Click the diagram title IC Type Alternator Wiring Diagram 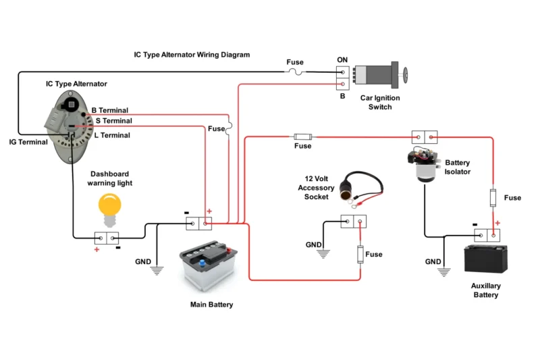click(192, 55)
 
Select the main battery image click(208, 269)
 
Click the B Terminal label click(109, 110)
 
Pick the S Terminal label click(113, 121)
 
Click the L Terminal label click(111, 135)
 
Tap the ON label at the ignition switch click(342, 59)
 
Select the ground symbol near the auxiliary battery click(443, 272)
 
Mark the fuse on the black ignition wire click(295, 71)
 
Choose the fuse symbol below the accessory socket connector click(360, 255)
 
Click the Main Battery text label click(211, 305)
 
